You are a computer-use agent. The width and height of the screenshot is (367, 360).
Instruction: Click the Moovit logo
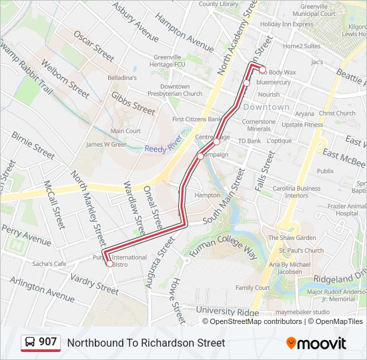[316, 343]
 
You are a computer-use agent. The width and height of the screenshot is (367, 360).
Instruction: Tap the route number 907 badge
[40, 342]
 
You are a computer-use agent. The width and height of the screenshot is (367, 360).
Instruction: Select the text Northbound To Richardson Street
[146, 343]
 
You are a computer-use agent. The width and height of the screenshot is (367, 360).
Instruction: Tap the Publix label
[325, 171]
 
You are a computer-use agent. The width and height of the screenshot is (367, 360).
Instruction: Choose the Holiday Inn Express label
[286, 24]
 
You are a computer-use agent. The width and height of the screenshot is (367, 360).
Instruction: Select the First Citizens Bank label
[197, 119]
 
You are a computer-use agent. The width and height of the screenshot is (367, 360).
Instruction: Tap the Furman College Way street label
[223, 242]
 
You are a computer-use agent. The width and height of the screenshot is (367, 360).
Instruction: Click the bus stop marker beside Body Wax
[263, 70]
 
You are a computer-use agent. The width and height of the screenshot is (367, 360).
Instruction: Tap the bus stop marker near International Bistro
[109, 264]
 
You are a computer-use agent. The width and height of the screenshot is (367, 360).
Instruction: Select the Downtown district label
[266, 107]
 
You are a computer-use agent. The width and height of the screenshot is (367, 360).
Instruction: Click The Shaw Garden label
[292, 238]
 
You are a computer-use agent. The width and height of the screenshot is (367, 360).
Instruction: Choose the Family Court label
[252, 288]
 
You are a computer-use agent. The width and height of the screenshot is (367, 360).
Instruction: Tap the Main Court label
[125, 131]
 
